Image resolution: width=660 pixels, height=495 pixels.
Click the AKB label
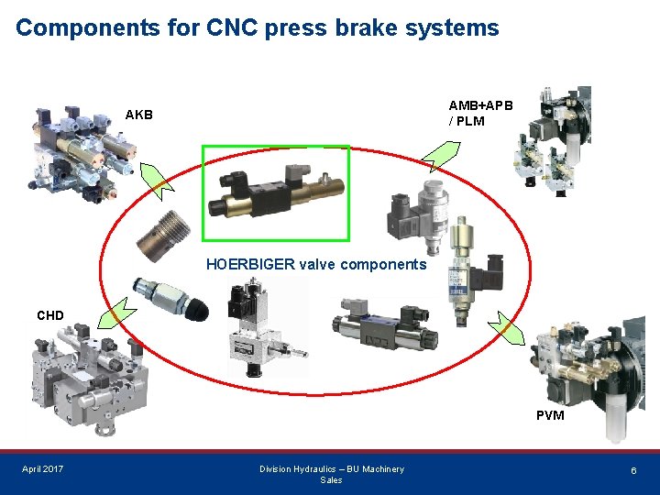pos(139,115)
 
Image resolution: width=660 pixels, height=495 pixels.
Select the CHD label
pos(50,315)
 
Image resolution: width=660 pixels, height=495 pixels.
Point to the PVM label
pos(550,415)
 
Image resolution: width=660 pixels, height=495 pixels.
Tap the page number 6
pos(632,469)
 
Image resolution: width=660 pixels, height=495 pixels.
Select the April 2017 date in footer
pos(43,469)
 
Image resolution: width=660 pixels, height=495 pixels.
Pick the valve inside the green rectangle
pos(276,193)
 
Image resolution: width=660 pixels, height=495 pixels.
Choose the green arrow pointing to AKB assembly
pos(151,179)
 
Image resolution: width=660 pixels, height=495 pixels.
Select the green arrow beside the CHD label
pos(117,313)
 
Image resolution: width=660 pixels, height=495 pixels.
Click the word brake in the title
pos(357,27)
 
